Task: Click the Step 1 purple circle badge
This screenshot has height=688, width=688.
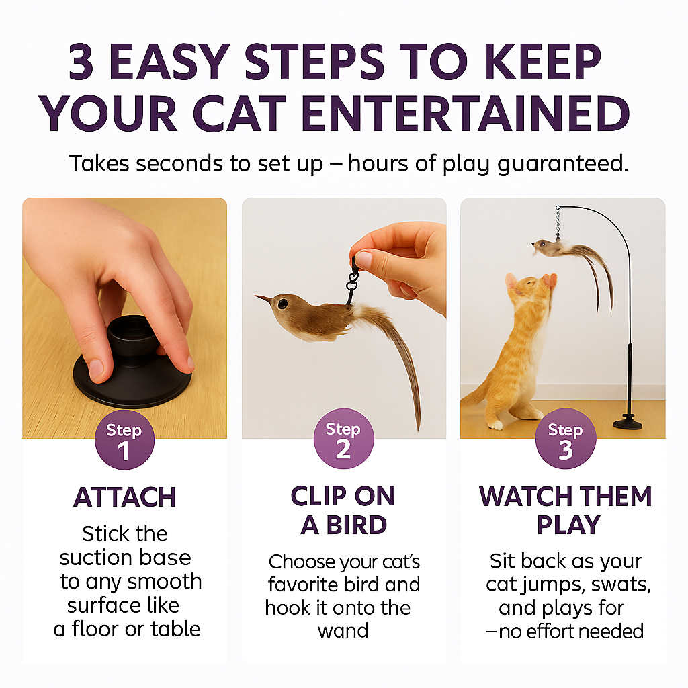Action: point(124,441)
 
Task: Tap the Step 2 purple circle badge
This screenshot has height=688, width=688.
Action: point(343,439)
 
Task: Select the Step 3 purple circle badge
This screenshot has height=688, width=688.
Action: point(565,439)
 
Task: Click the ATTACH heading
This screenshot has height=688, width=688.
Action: point(125,498)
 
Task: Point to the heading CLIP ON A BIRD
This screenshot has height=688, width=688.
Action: point(343,510)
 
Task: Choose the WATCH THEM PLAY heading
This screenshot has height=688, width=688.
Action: point(565,510)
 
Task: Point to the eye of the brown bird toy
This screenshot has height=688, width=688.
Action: point(283,304)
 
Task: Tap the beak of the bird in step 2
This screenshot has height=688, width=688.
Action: point(262,297)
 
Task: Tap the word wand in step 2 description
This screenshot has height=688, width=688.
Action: point(343,632)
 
